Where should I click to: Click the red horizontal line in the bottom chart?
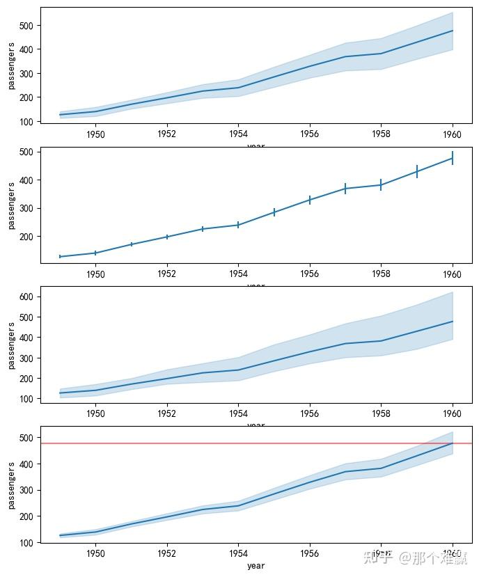209,443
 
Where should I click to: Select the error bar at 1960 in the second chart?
453,159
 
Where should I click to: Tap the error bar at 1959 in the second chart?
417,171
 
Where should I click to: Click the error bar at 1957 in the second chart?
345,188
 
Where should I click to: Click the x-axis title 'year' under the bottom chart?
256,566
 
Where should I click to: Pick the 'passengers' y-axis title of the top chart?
11,66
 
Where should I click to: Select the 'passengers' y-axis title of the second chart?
11,206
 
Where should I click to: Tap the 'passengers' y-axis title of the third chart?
11,345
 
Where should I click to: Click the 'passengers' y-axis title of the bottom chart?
11,484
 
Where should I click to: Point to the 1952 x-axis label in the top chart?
167,134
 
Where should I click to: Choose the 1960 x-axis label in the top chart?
453,134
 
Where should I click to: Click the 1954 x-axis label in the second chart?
238,274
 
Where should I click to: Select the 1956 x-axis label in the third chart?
310,413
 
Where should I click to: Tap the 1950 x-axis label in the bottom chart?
95,553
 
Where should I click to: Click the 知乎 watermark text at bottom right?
378,558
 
